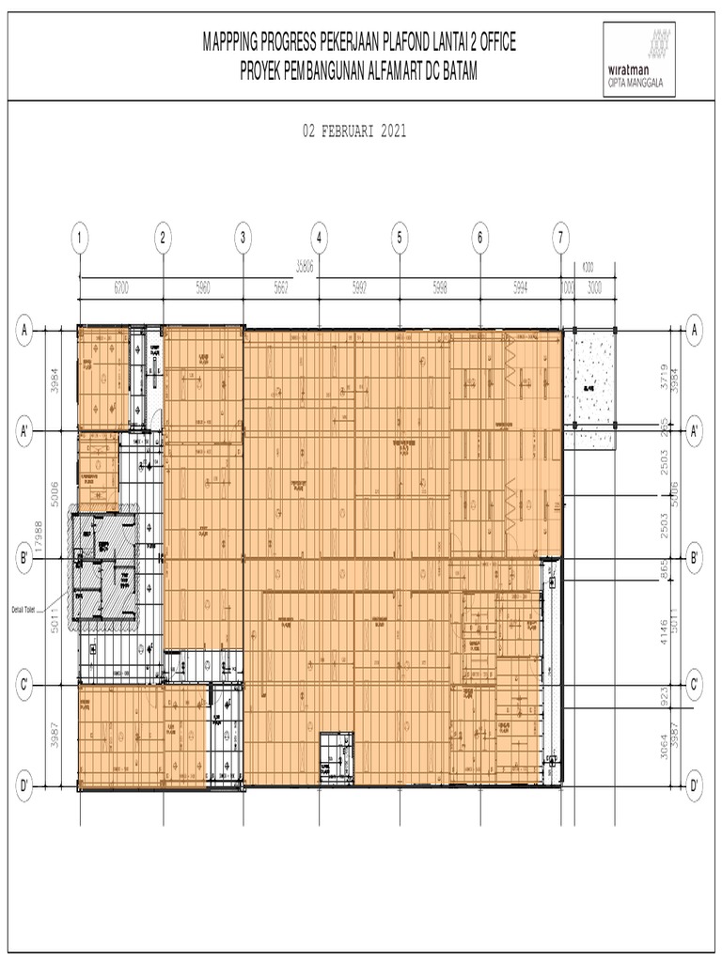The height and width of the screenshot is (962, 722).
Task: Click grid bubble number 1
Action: pos(81,238)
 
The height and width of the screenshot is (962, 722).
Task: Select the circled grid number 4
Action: pos(320,238)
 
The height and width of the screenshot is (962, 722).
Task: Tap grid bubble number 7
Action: pos(561,238)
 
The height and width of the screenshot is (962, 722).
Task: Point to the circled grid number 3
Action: pos(243,238)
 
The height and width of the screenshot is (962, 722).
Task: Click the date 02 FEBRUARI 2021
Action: pos(354,132)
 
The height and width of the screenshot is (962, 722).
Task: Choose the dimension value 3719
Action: pos(666,376)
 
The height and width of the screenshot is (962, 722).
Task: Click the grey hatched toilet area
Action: pos(105,564)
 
